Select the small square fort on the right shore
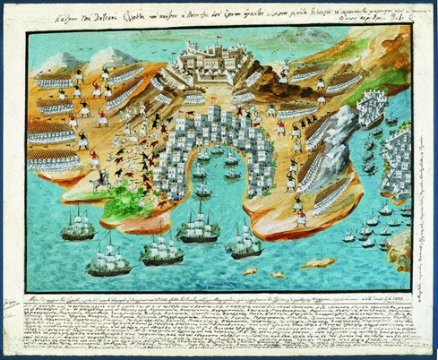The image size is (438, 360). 369,108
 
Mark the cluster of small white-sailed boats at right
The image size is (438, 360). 376,233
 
